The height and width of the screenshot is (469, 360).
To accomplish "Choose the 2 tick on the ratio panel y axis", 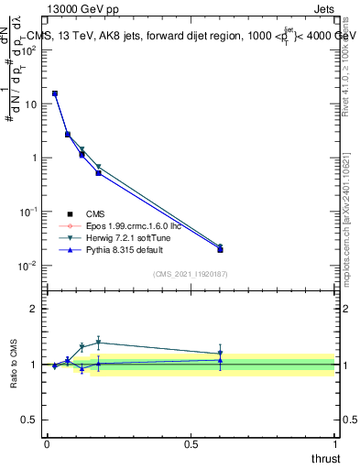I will pyautogui.click(x=35, y=309).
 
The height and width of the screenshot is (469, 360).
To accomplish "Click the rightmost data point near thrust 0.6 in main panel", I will pyautogui.click(x=220, y=248).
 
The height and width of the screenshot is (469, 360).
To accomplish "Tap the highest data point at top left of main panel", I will pyautogui.click(x=55, y=93).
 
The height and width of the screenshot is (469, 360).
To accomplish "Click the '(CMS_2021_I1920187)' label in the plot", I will pyautogui.click(x=190, y=274).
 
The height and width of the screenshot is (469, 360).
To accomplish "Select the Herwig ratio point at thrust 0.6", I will pyautogui.click(x=220, y=354).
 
